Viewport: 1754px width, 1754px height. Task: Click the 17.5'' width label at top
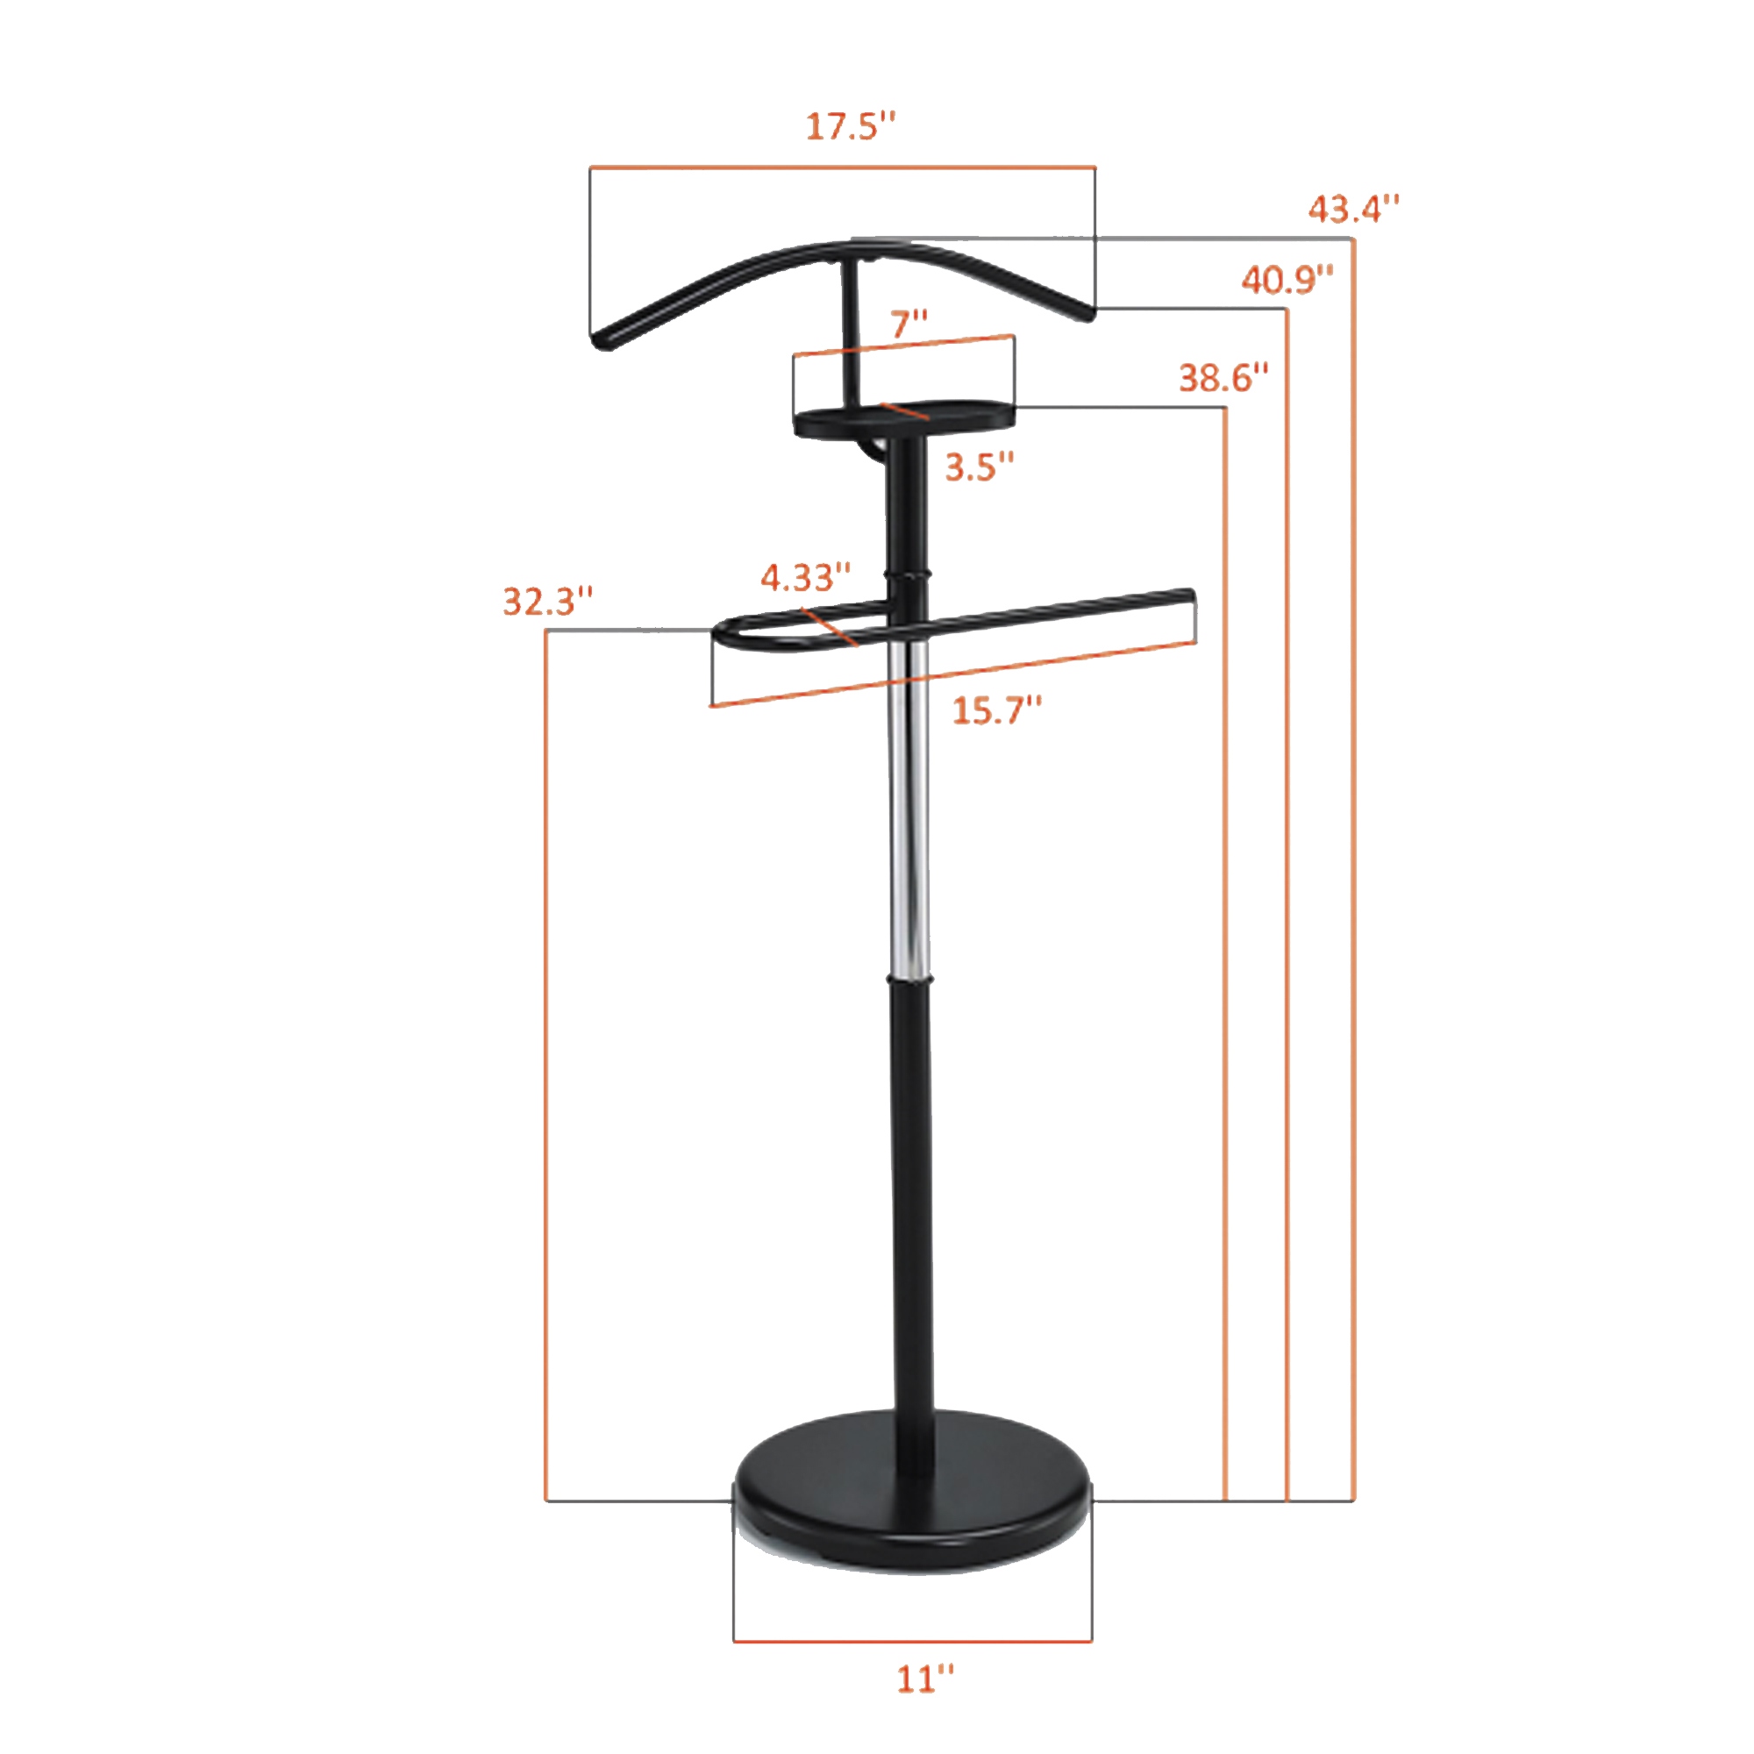(x=851, y=127)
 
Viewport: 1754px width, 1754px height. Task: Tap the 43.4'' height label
(x=1352, y=210)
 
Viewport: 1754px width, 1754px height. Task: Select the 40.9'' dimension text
(x=1287, y=281)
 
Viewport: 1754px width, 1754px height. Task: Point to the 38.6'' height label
(x=1223, y=378)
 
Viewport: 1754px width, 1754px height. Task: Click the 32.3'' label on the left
(x=548, y=601)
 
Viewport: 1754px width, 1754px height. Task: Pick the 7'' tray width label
(x=909, y=324)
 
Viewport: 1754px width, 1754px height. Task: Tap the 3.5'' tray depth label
(x=979, y=467)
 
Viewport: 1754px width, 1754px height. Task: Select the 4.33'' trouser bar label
(x=805, y=576)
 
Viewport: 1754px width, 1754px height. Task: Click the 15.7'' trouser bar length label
(x=996, y=710)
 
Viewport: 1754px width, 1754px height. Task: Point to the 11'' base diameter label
(x=925, y=1679)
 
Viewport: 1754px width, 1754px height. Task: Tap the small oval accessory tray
(x=903, y=420)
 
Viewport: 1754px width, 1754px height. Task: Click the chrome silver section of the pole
(x=909, y=817)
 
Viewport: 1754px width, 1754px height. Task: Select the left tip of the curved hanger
(x=600, y=341)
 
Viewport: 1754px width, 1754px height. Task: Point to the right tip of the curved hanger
(x=1084, y=311)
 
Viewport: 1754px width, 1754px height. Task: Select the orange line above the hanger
(x=843, y=167)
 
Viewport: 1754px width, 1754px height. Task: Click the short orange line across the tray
(x=904, y=411)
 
